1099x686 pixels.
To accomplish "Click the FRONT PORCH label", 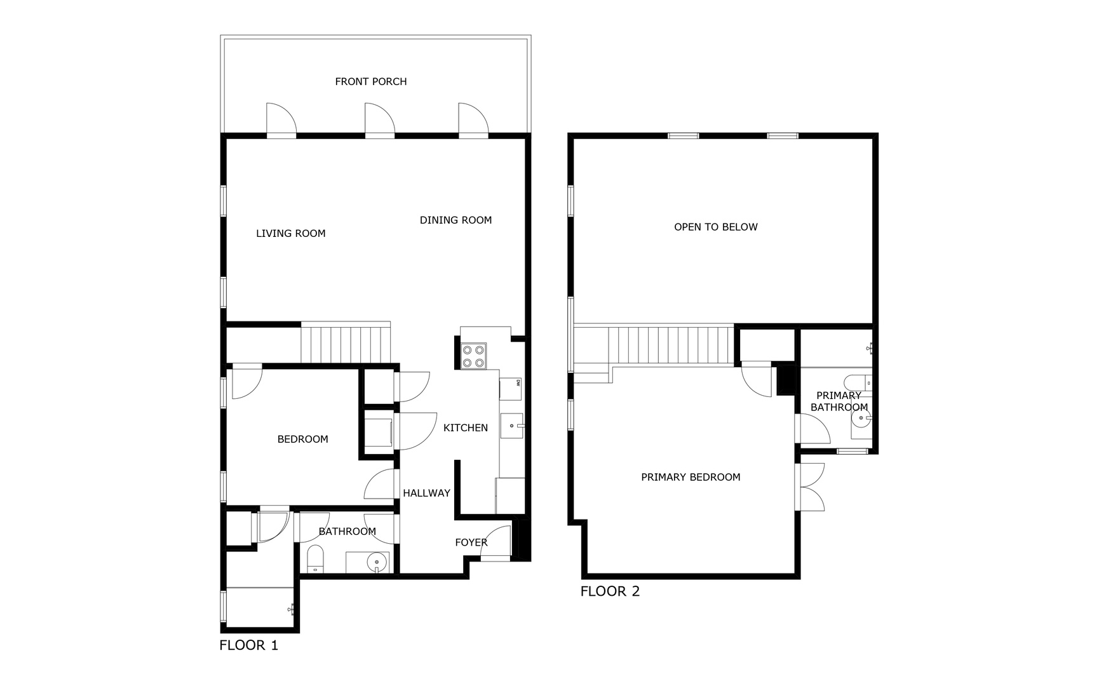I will coord(370,81).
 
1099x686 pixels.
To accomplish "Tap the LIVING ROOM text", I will coord(290,233).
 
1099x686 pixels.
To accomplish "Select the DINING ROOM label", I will coord(455,220).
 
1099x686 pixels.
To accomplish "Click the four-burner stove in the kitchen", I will coord(473,356).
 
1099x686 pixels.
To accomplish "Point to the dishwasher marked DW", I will coord(511,388).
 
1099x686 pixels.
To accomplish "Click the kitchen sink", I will coord(511,426).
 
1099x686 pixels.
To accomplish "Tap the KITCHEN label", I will coord(465,427).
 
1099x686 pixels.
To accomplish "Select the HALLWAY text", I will coord(426,493).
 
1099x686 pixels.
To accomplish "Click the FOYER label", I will coord(471,542).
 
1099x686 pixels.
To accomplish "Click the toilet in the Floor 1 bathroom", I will coord(315,559).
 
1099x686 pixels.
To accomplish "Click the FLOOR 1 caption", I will coord(248,645).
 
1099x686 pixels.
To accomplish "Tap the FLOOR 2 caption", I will coord(610,591).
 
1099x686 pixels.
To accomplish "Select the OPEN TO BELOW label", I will coord(715,227).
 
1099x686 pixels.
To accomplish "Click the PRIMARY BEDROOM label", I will coord(691,477).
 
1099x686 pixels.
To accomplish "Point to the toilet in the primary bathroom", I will coord(857,383).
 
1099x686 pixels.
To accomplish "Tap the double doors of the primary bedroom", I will coord(809,487).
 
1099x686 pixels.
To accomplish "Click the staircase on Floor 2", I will coord(671,344).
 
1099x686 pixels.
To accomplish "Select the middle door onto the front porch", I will coord(380,121).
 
